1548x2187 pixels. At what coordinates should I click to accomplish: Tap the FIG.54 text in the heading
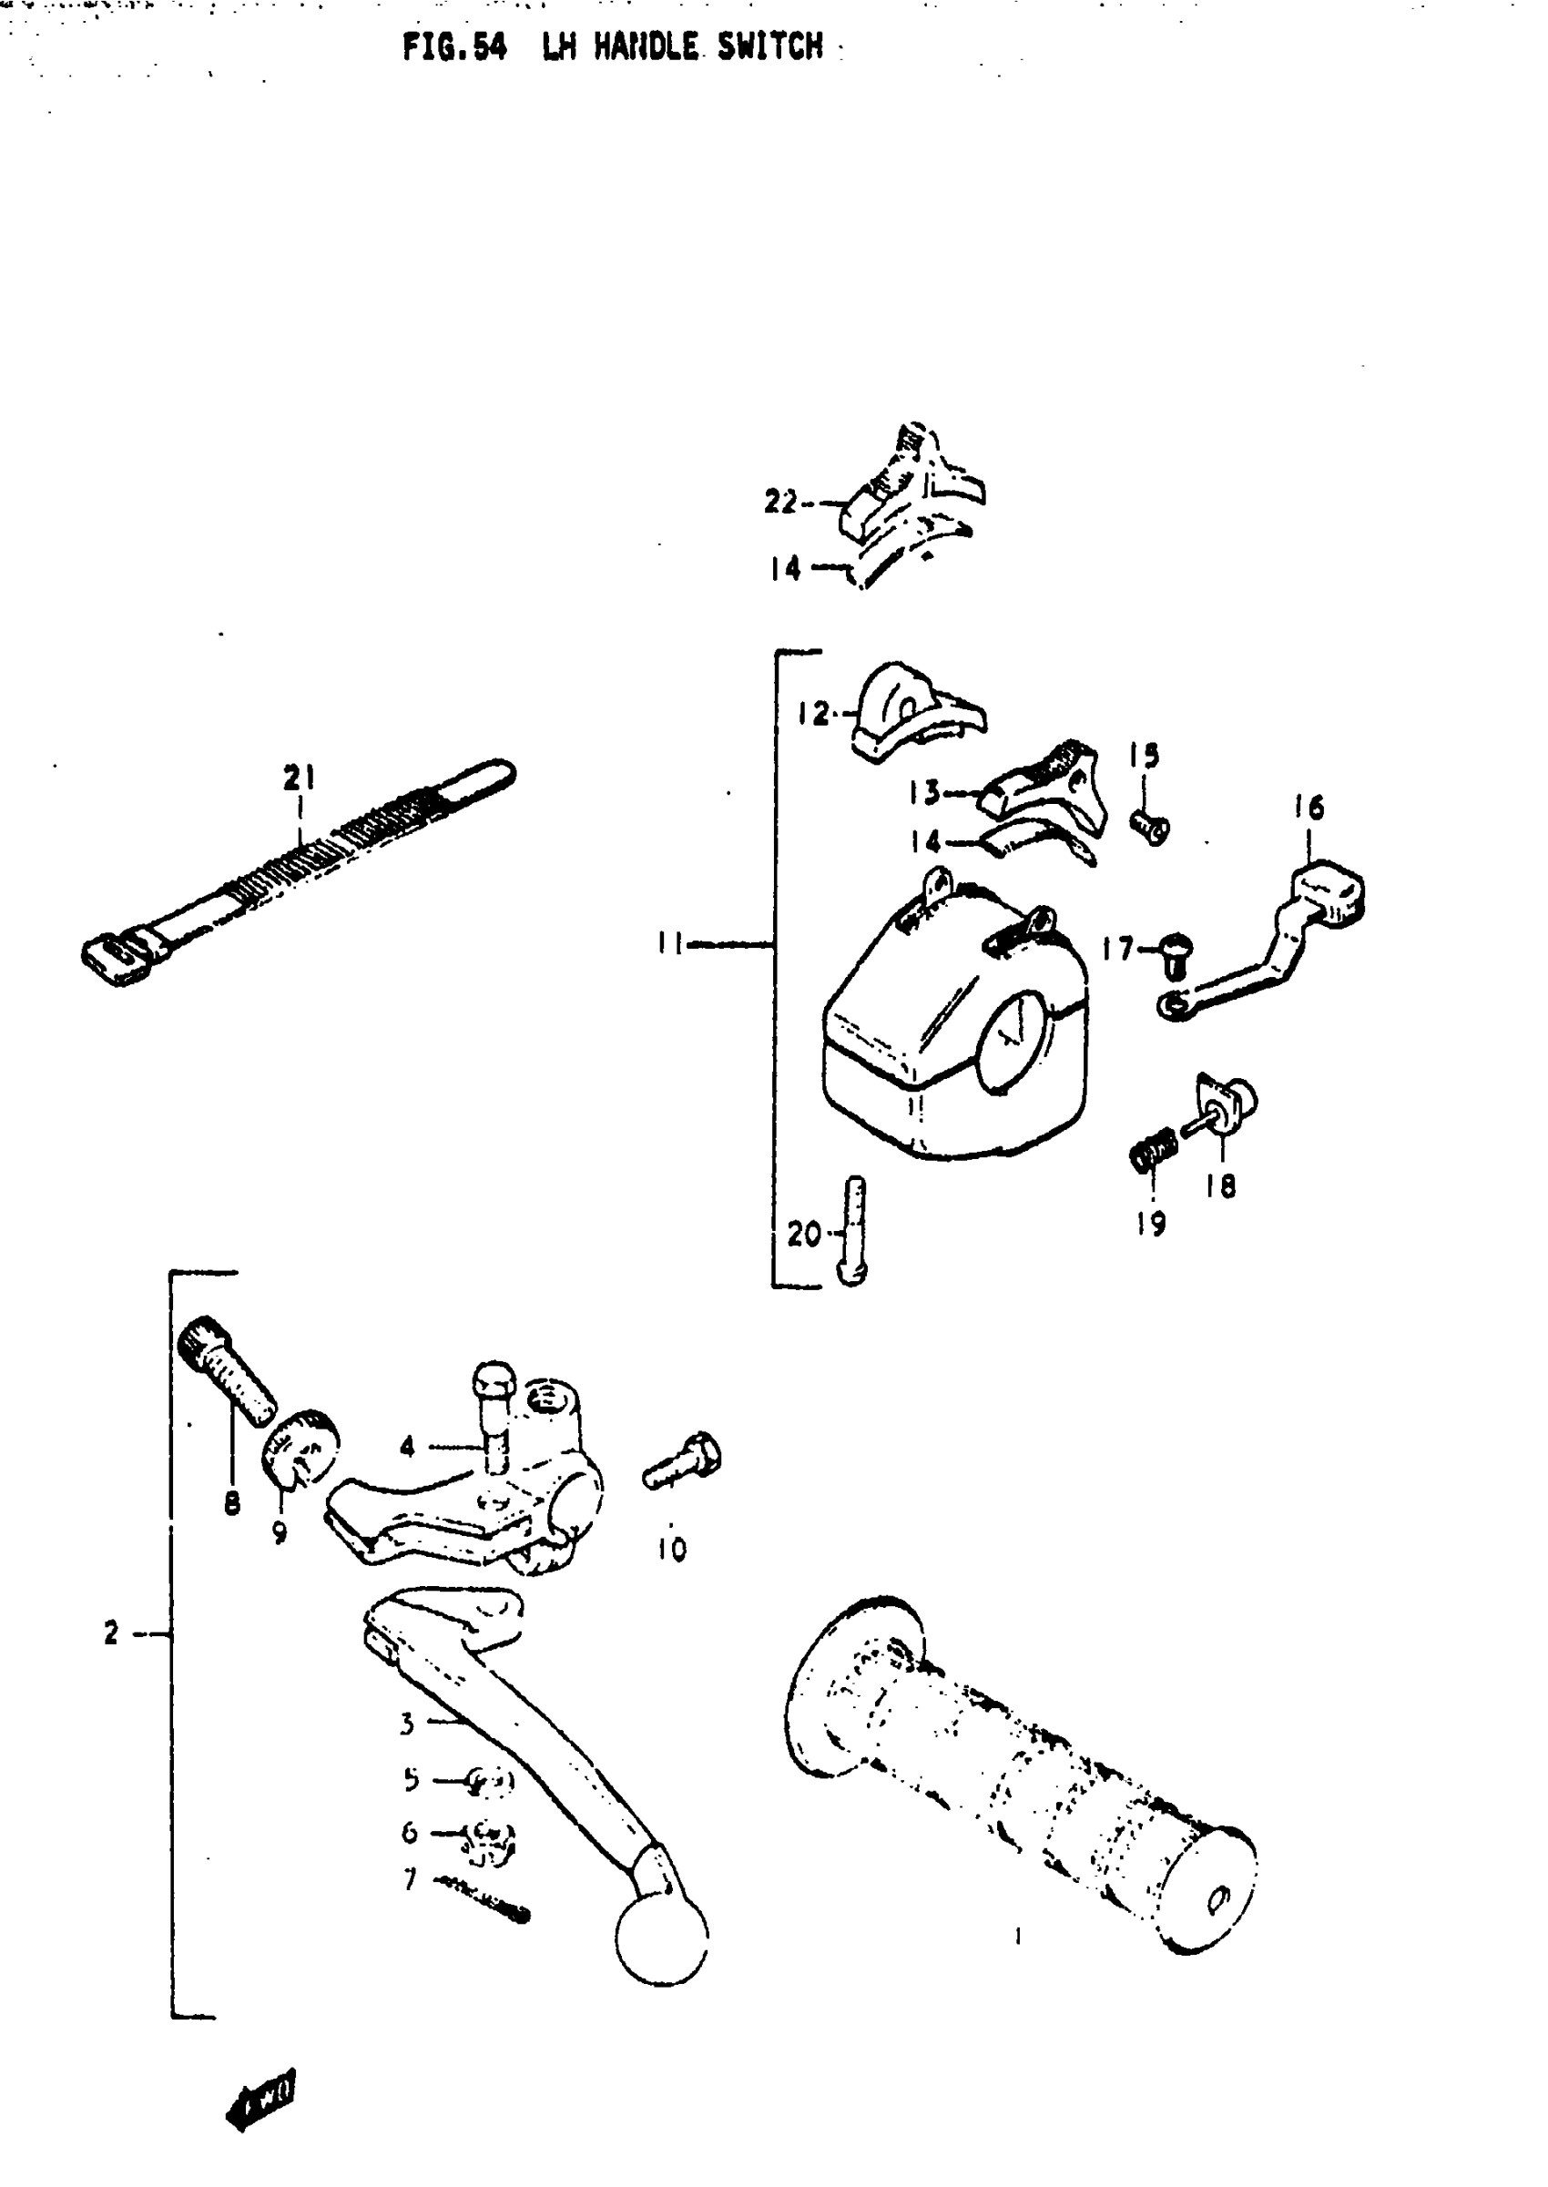point(453,46)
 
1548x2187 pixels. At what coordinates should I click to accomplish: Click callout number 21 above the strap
point(300,778)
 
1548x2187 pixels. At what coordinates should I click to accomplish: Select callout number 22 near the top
point(779,502)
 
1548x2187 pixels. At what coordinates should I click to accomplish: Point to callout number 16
point(1309,809)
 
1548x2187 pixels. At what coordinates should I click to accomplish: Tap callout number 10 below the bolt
point(671,1550)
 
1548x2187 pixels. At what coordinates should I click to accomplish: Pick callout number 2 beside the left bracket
point(111,1633)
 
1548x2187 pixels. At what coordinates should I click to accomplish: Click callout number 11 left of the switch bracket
point(669,943)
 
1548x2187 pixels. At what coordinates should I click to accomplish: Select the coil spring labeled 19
point(1153,1155)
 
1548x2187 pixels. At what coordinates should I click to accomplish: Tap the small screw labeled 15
point(1150,826)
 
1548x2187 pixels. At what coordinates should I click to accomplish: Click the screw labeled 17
point(1176,954)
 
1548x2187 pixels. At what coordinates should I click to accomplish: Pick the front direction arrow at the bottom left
point(261,2100)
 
